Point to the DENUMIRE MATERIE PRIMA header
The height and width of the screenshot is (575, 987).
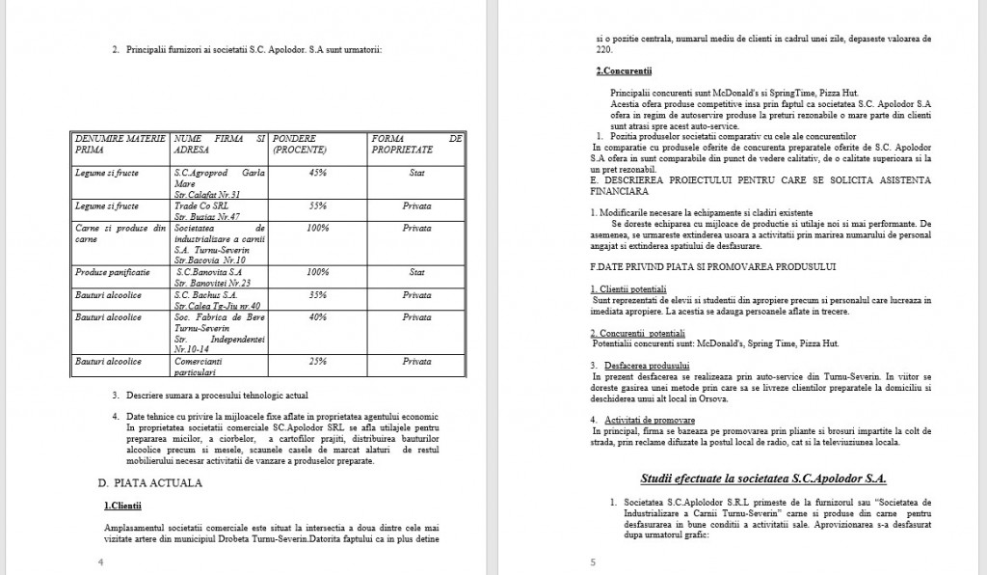(120, 145)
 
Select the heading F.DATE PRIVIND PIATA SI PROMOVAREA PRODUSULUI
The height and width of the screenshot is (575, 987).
(712, 264)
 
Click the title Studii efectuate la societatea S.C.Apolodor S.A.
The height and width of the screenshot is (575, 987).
(762, 479)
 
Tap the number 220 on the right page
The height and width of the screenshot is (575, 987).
(604, 49)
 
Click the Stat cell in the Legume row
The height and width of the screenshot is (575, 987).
(417, 173)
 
